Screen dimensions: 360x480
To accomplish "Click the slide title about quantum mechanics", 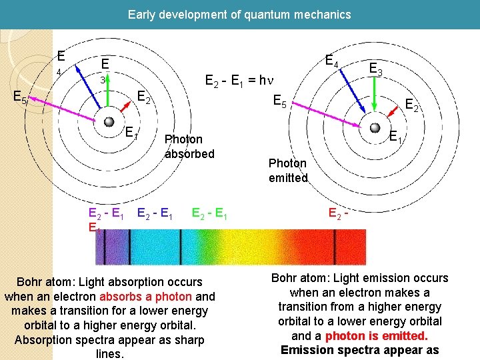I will point(239,14).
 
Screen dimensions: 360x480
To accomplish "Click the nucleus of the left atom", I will point(108,121).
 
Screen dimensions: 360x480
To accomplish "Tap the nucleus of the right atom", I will point(375,127).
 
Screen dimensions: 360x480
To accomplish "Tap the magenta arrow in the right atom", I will point(329,113).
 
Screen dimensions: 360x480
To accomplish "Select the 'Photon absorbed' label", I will point(189,146).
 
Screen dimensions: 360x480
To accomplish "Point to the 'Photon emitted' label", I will point(288,171).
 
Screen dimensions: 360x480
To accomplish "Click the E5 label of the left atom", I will point(21,98).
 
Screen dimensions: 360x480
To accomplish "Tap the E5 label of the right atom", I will point(281,102).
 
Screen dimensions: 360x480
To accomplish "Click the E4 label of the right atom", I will point(332,61).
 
